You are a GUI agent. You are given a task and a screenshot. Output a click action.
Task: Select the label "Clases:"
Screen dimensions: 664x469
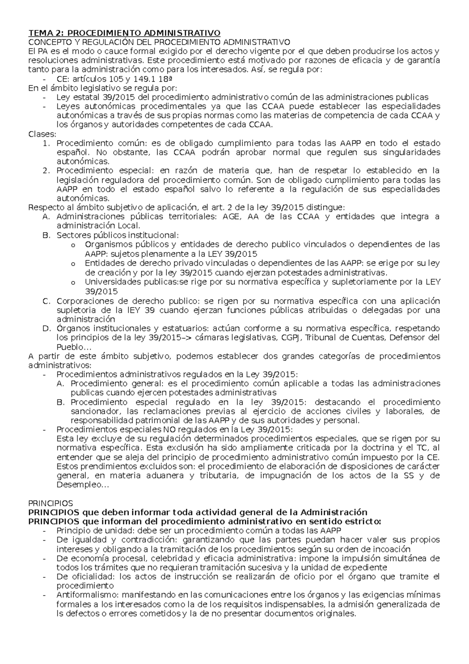pos(43,134)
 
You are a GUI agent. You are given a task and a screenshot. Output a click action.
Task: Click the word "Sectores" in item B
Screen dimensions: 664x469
pos(72,235)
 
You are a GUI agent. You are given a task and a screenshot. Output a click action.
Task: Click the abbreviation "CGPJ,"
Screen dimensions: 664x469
pos(292,337)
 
